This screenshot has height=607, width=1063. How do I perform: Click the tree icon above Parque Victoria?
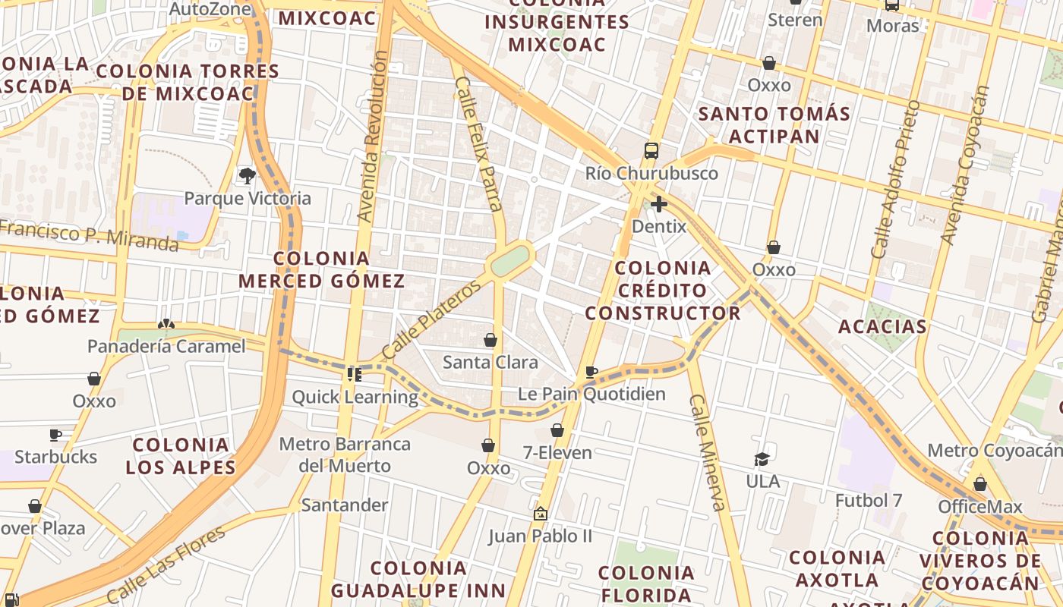(247, 176)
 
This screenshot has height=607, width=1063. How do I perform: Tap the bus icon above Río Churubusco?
(651, 151)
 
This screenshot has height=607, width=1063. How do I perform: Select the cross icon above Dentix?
(658, 204)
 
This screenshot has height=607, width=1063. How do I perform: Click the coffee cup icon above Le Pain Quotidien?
(591, 372)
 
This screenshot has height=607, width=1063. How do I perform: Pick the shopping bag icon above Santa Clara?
(490, 340)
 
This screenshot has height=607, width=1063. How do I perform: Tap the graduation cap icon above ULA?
(762, 459)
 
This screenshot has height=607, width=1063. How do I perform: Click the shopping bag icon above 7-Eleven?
(557, 430)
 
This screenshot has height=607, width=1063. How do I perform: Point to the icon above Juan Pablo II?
(540, 514)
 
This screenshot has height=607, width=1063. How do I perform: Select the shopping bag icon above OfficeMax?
(980, 484)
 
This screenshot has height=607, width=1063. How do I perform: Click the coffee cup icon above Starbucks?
(55, 435)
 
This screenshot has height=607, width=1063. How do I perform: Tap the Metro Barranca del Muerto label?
(345, 454)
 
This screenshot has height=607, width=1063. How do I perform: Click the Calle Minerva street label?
(706, 452)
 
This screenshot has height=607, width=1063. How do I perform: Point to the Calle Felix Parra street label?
(478, 143)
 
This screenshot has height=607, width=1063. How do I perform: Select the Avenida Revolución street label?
(372, 137)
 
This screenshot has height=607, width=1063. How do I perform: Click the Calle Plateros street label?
(431, 319)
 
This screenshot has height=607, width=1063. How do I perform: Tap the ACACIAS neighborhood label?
(882, 327)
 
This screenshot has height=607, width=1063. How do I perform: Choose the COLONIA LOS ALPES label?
(181, 456)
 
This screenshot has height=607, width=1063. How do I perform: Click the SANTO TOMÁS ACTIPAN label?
(774, 125)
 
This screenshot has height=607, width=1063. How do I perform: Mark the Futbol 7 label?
(869, 501)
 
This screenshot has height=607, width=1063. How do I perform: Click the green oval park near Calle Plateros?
(509, 260)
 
